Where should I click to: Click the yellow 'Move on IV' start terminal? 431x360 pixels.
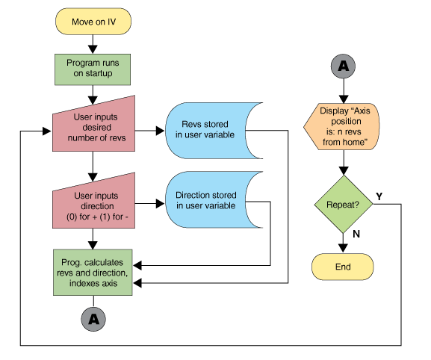point(93,22)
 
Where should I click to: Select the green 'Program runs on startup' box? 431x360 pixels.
point(93,69)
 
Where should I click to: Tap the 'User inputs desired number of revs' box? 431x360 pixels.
point(93,126)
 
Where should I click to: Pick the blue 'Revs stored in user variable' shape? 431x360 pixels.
point(211,131)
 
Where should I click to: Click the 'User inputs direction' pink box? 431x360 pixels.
point(93,203)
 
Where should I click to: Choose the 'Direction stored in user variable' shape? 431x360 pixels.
point(211,199)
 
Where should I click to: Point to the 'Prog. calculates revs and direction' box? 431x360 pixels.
point(93,273)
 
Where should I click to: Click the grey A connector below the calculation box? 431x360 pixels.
point(93,320)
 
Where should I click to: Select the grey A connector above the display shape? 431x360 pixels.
point(344,66)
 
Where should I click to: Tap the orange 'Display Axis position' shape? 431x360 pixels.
point(341,127)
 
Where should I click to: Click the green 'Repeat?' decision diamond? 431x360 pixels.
point(344,204)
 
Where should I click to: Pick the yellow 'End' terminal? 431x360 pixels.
point(343,267)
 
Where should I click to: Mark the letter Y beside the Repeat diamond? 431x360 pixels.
point(379,196)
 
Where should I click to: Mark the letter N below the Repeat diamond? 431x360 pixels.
point(356,234)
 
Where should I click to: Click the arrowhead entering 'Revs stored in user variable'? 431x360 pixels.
point(161,131)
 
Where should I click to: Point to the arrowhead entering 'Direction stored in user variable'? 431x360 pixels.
point(161,204)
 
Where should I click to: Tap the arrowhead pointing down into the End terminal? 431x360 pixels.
point(343,248)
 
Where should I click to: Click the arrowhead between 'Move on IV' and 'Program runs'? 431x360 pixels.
point(93,49)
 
